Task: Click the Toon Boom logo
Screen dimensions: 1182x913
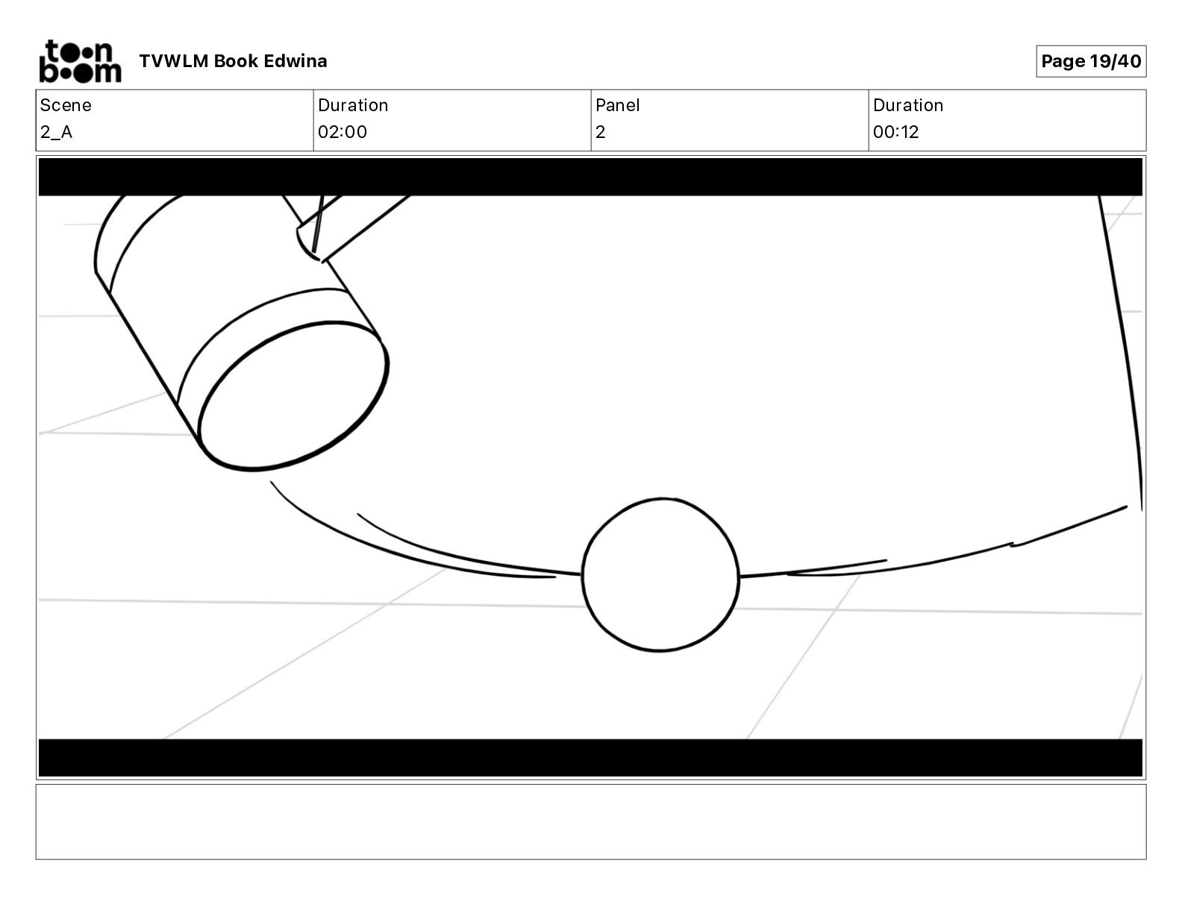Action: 81,61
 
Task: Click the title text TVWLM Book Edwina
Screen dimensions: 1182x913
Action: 233,61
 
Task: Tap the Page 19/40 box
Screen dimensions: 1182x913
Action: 1091,61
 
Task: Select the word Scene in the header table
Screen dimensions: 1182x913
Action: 65,105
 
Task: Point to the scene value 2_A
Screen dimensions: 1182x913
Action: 56,132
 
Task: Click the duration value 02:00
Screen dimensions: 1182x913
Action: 343,132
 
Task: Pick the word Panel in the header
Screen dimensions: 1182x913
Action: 617,105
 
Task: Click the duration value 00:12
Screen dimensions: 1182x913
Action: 895,132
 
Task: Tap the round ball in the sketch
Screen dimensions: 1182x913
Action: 660,574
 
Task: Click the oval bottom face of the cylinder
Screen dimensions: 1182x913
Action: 293,396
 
